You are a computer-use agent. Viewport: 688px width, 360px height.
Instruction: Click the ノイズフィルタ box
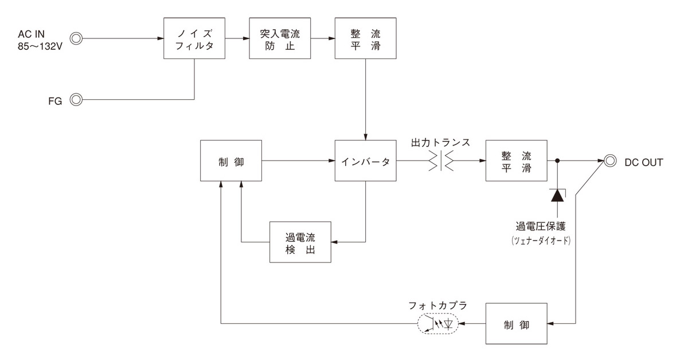[x=194, y=38]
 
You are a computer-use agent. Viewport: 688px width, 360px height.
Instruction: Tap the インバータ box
[x=366, y=161]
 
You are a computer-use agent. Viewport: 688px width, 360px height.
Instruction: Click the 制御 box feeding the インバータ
[x=231, y=162]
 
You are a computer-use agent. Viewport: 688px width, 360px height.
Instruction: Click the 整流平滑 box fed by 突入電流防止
[x=365, y=38]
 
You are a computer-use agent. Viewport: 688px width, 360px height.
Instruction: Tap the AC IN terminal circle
[x=76, y=39]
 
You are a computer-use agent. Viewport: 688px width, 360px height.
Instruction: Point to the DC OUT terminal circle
[x=611, y=162]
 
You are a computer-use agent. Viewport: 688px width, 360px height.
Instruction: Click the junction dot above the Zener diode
[x=557, y=162]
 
